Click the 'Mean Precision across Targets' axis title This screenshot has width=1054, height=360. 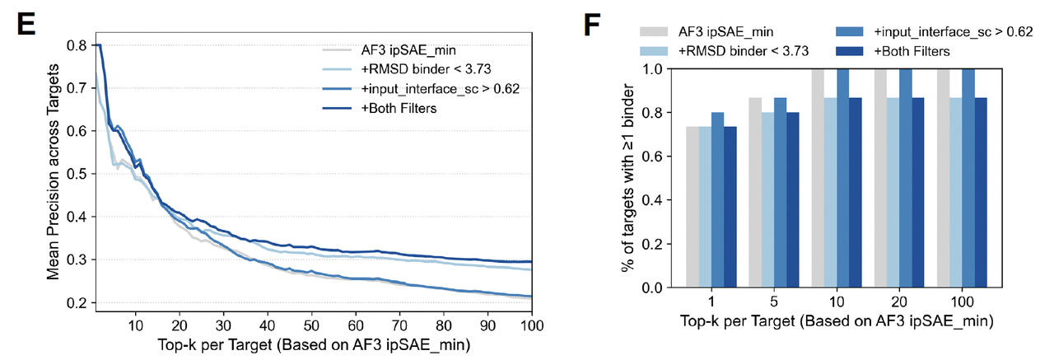click(x=55, y=175)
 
